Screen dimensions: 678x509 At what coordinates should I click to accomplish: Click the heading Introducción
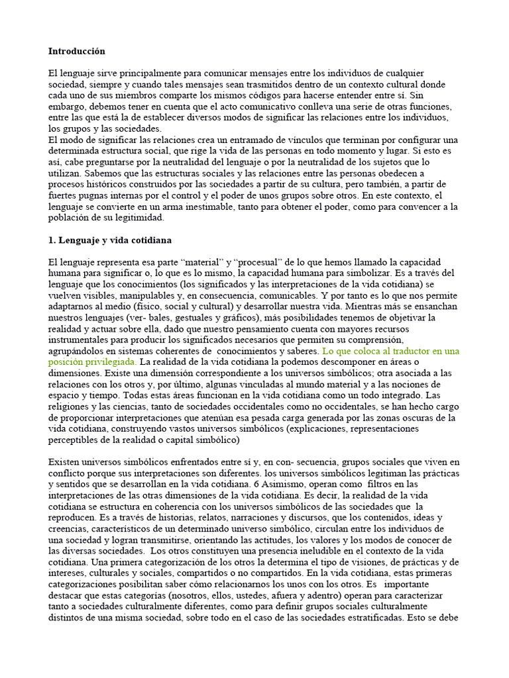[76, 51]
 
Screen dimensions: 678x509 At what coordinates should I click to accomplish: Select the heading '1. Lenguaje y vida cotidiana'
[109, 240]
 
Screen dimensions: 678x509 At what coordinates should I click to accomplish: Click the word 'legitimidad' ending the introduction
[133, 218]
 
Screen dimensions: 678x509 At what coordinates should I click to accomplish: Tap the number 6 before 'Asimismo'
[249, 483]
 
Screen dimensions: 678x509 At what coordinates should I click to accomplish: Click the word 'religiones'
[68, 407]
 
